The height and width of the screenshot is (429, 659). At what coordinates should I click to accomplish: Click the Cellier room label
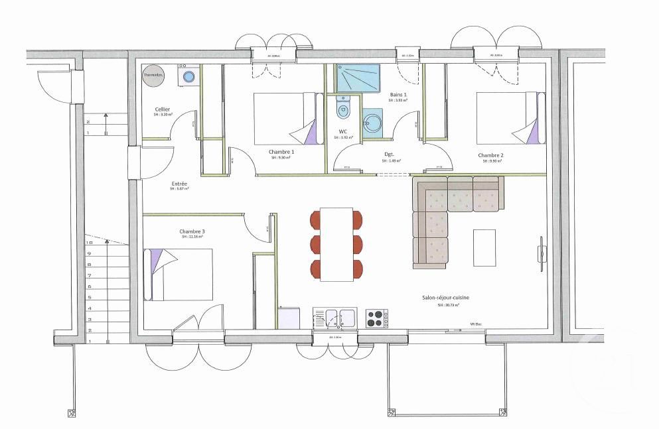click(163, 109)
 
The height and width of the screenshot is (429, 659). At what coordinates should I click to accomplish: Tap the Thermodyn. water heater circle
click(153, 76)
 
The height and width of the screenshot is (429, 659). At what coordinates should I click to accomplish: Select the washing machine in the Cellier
click(188, 76)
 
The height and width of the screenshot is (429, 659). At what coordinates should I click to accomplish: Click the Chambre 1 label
click(282, 152)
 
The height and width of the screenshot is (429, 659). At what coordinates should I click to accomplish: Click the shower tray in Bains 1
click(357, 78)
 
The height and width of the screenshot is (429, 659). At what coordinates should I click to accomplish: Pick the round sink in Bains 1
click(372, 122)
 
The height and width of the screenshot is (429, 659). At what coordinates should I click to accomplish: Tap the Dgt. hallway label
click(390, 155)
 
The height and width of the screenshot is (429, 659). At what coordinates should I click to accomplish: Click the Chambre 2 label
click(490, 155)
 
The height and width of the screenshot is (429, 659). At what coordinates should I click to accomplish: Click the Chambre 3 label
click(191, 232)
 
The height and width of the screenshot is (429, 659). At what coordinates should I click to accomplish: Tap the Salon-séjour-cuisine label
click(445, 298)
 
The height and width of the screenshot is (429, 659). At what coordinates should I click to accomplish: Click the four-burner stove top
click(375, 318)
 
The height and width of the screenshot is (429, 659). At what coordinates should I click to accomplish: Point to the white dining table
click(337, 243)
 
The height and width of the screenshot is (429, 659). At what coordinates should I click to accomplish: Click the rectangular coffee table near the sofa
click(484, 247)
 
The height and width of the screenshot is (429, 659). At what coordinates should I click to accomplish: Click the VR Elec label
click(475, 324)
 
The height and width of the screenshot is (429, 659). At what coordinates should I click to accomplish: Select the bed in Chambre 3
click(179, 275)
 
